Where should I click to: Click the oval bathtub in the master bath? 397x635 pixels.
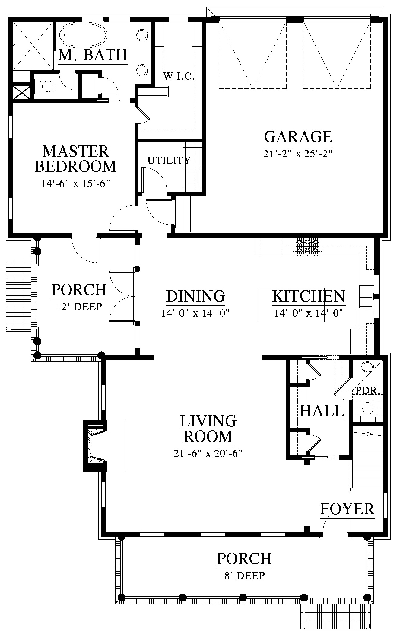click(x=82, y=35)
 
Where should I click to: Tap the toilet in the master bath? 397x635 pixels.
click(x=45, y=86)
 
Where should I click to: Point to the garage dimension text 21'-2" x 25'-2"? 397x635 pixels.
click(x=298, y=154)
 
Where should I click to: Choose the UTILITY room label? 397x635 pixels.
click(x=169, y=160)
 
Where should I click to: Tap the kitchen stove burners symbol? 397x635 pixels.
click(x=307, y=247)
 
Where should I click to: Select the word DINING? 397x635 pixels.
click(x=195, y=296)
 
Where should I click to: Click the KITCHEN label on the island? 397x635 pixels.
click(x=309, y=296)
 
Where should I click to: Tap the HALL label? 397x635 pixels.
click(x=322, y=411)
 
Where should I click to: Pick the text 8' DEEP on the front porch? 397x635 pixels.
click(x=244, y=576)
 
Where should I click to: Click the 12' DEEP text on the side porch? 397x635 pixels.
click(x=79, y=307)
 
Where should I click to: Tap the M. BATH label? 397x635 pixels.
click(x=93, y=55)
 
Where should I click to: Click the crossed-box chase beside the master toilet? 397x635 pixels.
click(x=22, y=92)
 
